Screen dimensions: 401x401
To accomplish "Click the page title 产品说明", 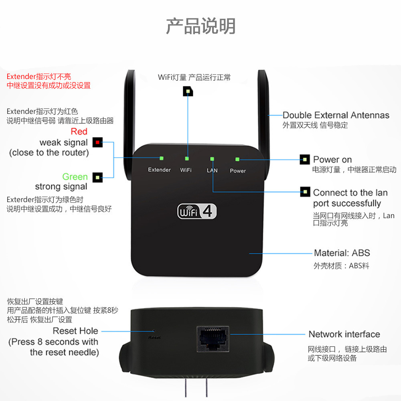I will [x=200, y=26].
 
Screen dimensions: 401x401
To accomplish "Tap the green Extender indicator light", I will [x=161, y=158].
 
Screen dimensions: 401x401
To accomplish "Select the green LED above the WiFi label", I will [x=187, y=159].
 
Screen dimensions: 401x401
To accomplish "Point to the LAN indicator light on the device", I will [x=212, y=159].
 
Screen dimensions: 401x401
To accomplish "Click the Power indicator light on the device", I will [x=237, y=159].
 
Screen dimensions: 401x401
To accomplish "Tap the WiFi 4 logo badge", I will [x=197, y=212].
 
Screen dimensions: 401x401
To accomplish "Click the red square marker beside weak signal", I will [x=97, y=142].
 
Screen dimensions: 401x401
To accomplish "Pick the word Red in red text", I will [x=79, y=132].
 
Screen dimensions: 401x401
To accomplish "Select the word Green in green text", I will [x=75, y=177].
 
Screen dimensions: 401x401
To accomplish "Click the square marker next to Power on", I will [x=305, y=160].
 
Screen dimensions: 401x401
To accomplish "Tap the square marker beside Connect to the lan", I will [x=306, y=192].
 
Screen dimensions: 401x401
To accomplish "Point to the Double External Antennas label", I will [x=336, y=115].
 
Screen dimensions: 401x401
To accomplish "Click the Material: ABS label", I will [x=342, y=253].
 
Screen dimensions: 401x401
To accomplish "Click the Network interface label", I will [x=344, y=334].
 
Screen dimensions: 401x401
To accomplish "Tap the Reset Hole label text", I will [x=75, y=331].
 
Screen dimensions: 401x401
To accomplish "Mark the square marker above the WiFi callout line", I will [x=188, y=91].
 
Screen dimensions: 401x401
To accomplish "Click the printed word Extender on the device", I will [x=159, y=170].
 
